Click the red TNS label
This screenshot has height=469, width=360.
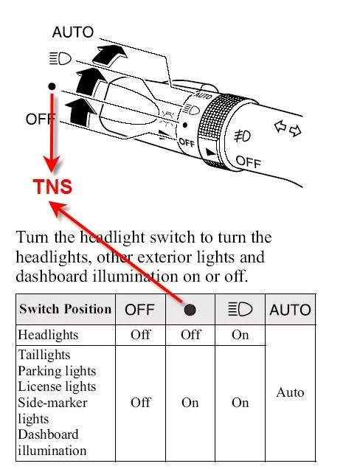[52, 186]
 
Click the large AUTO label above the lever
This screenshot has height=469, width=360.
[73, 32]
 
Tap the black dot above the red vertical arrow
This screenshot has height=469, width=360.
[52, 86]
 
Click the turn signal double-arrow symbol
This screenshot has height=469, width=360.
[288, 130]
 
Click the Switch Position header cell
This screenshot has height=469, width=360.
[65, 309]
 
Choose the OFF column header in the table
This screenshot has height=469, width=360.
[139, 310]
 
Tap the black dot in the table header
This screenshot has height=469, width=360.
[190, 310]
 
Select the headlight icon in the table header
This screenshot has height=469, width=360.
[240, 310]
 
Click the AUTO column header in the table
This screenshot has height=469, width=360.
[290, 310]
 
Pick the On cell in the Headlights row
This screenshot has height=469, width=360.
[240, 335]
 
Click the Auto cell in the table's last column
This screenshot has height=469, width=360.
[290, 392]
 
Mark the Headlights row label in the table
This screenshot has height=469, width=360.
[47, 335]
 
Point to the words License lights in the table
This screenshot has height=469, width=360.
[56, 386]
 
